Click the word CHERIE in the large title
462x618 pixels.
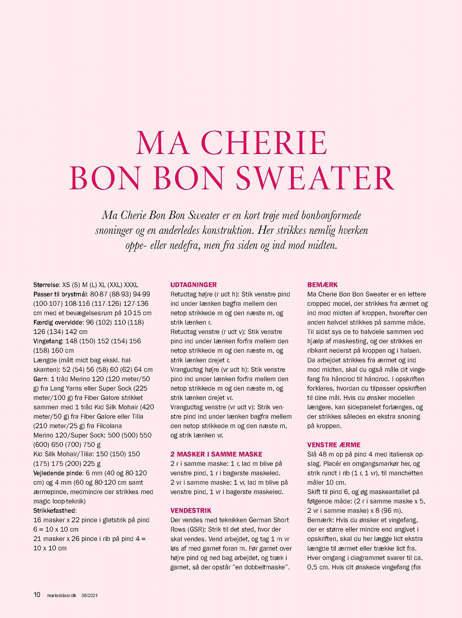click(x=265, y=142)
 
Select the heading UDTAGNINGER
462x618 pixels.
click(x=193, y=284)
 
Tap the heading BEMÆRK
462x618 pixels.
click(x=323, y=284)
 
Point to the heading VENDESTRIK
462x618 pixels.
click(x=191, y=510)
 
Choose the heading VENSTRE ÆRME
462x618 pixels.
click(x=334, y=444)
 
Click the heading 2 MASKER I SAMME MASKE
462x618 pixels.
click(x=216, y=454)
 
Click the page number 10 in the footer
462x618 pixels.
click(x=37, y=595)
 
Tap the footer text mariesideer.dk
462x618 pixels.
click(x=62, y=595)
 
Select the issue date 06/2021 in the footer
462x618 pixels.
click(x=90, y=595)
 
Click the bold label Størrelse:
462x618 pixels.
click(x=47, y=285)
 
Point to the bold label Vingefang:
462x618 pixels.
click(x=49, y=341)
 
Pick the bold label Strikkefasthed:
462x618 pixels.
click(x=55, y=510)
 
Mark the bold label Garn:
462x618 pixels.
click(x=41, y=379)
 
